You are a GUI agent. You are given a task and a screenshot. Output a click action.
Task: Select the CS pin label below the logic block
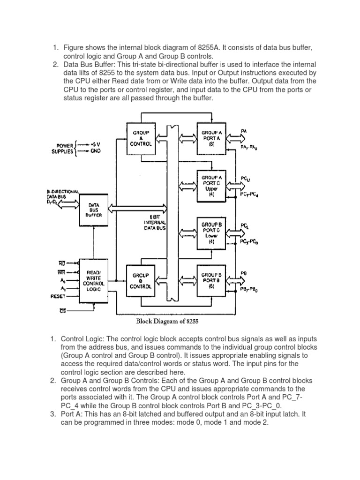tap(62, 312)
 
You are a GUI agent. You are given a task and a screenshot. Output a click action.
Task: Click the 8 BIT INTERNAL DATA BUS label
tap(154, 220)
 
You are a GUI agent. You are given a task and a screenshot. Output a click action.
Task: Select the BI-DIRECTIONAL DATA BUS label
tap(63, 195)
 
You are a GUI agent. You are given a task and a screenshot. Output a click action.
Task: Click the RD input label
tap(61, 264)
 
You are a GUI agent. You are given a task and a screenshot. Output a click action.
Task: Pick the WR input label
tap(61, 272)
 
